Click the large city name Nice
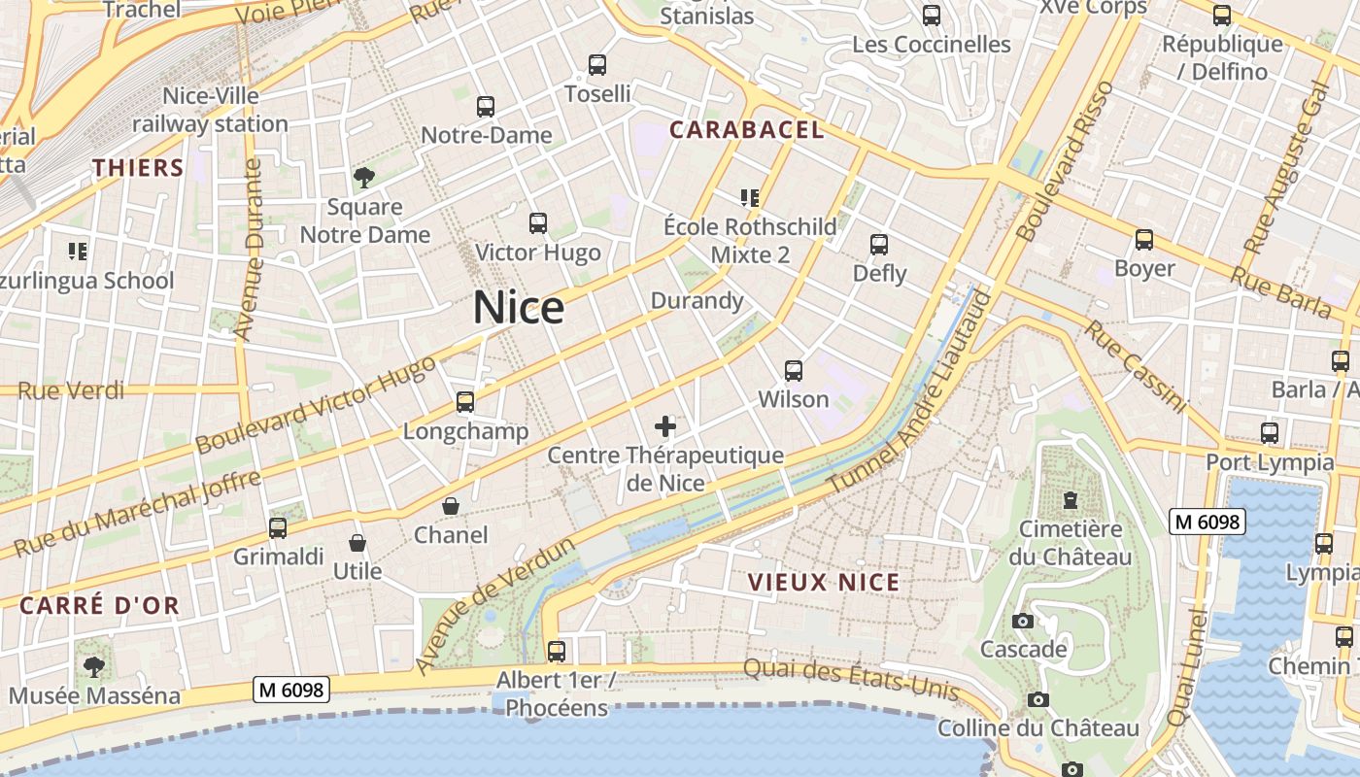click(518, 308)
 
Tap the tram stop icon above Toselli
click(597, 65)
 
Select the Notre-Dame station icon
click(485, 107)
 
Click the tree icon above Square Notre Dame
click(364, 178)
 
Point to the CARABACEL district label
click(747, 129)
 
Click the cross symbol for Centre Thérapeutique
click(665, 425)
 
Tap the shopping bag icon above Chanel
click(451, 506)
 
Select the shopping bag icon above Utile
click(357, 542)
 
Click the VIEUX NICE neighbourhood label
click(824, 582)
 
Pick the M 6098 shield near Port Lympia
click(1207, 522)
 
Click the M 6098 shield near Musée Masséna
click(291, 690)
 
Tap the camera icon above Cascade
click(1022, 621)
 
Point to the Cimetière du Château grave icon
click(1071, 500)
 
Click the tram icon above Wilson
click(794, 370)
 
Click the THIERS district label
click(138, 167)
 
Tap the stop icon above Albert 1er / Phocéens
click(557, 651)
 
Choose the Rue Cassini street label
click(1135, 366)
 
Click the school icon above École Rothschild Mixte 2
click(749, 198)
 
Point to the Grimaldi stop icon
click(278, 528)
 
